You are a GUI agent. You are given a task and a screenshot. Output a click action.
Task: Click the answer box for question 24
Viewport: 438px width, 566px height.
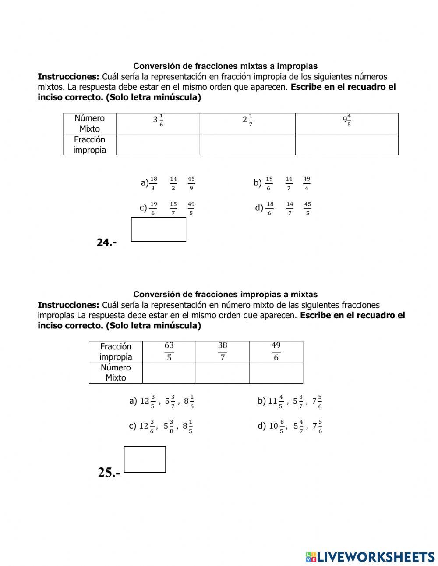pos(158,229)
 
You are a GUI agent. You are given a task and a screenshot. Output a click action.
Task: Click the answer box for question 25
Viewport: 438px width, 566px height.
pos(145,459)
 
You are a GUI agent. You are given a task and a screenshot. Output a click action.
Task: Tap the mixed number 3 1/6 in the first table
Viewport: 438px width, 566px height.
pos(158,120)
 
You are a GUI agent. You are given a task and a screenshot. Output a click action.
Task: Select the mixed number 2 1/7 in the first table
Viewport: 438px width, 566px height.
pos(247,119)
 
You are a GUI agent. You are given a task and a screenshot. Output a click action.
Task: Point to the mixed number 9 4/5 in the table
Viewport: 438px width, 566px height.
pos(347,120)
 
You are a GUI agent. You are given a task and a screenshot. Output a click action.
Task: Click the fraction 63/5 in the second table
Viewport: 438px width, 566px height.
pos(169,351)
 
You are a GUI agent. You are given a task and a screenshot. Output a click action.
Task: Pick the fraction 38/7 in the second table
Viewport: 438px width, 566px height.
pos(223,351)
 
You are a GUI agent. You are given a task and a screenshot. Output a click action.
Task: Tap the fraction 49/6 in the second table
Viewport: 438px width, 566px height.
pos(276,351)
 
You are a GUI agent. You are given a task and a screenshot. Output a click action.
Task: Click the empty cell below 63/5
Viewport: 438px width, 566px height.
pos(169,373)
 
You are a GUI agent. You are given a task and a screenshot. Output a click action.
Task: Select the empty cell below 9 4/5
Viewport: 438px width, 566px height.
pos(346,144)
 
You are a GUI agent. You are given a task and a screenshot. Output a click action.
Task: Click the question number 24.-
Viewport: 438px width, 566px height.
pos(106,242)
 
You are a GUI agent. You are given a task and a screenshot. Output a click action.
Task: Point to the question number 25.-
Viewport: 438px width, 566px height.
pos(109,473)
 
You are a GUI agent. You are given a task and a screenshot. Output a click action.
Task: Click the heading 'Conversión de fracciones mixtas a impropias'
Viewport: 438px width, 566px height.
pos(225,66)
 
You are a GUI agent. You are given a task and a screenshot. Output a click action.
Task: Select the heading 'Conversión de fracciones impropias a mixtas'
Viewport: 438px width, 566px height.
pos(225,295)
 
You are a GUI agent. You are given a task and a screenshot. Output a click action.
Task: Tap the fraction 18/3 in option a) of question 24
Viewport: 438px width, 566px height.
pos(153,183)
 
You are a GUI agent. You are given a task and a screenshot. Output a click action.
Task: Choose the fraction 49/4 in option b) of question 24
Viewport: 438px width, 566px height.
pos(307,183)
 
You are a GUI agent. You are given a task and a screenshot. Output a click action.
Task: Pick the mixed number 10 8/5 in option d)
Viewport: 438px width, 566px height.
pos(276,426)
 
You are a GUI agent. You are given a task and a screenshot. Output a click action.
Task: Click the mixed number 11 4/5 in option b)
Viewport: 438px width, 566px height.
pos(276,401)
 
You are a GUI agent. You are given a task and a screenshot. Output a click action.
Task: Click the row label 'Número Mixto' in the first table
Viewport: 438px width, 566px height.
pos(89,123)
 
